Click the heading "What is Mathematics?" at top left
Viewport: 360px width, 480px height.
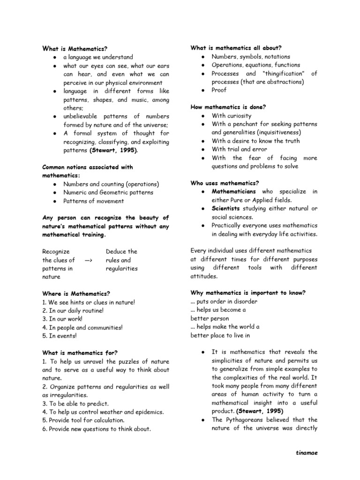pos(75,48)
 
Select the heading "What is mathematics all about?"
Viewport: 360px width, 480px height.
pos(236,48)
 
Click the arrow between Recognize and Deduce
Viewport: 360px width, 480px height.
pos(88,260)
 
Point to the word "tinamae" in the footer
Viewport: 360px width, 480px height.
pos(307,453)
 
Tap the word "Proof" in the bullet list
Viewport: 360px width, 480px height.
pos(219,90)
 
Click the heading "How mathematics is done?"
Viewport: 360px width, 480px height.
pos(228,107)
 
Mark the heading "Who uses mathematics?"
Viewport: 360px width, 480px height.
pos(225,183)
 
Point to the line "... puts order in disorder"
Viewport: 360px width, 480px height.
pos(224,301)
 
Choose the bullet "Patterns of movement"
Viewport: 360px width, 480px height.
pos(94,201)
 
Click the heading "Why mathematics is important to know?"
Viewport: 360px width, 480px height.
pos(248,292)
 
